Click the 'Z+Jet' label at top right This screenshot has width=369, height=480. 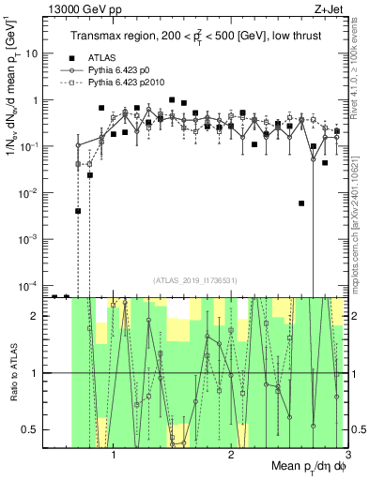point(326,8)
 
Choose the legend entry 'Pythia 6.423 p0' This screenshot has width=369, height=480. point(122,70)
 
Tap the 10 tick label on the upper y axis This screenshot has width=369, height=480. point(33,53)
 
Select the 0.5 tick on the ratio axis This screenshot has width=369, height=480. point(34,429)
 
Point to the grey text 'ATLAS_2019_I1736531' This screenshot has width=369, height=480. point(194,280)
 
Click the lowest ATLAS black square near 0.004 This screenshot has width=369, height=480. point(78,211)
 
